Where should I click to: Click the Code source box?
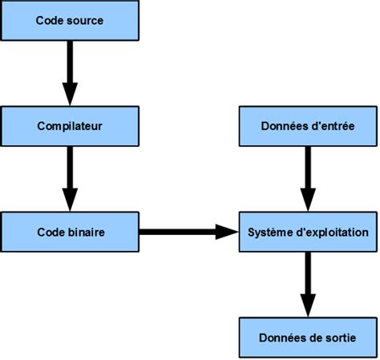click(70, 21)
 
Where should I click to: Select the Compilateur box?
click(70, 127)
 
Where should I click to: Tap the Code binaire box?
click(70, 232)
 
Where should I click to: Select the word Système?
click(268, 232)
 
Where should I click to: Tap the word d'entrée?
click(331, 127)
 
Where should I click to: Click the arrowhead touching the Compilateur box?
click(70, 97)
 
